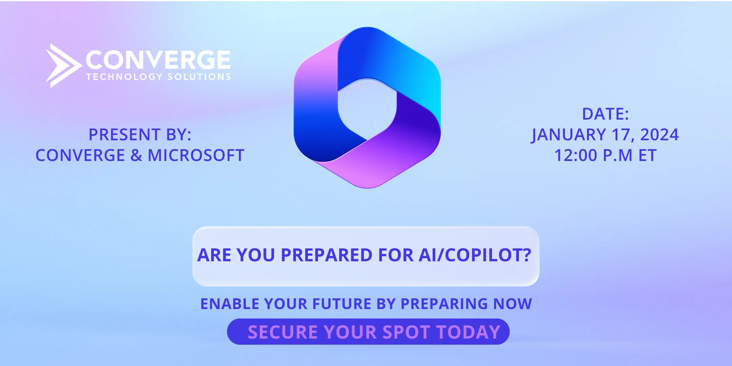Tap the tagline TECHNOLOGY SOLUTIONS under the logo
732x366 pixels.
tap(158, 77)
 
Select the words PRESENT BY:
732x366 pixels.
tap(140, 135)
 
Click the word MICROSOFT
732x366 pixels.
tap(196, 156)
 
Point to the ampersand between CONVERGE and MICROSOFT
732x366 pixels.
tap(136, 156)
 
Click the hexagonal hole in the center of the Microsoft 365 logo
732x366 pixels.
tap(367, 109)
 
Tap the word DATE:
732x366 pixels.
tap(605, 114)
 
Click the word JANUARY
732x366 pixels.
tap(568, 135)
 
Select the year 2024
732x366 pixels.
tap(659, 135)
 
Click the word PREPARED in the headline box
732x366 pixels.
tap(327, 255)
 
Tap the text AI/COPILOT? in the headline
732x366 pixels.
tap(475, 255)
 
